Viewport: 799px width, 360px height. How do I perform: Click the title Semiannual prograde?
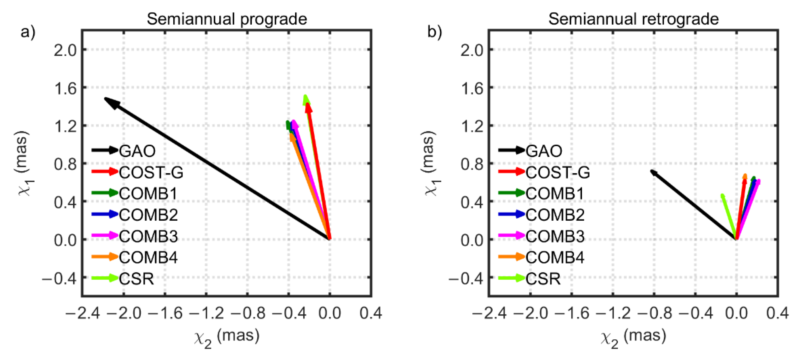227,19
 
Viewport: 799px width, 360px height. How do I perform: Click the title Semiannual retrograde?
633,19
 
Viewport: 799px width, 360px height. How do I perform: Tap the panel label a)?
28,32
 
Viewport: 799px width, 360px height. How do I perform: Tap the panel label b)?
435,32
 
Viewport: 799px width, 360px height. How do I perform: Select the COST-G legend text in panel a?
151,172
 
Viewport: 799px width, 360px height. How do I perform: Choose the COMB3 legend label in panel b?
555,236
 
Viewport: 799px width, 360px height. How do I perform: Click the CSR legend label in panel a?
136,279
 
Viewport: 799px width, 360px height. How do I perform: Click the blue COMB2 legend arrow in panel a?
105,214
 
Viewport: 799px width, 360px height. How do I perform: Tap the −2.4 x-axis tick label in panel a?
82,313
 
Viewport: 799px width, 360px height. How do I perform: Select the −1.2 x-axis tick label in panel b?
613,313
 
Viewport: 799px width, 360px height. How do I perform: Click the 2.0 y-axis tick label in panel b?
472,50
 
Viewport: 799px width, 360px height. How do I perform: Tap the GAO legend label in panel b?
543,151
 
